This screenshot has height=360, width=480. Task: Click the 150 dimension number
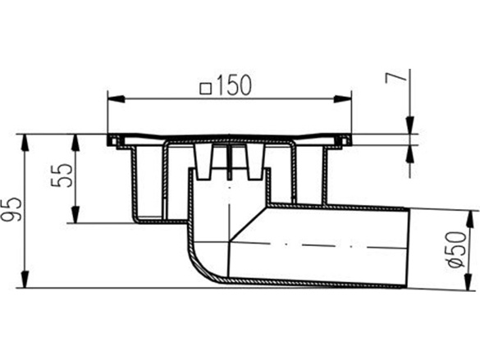point(235,84)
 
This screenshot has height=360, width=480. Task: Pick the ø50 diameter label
point(457,248)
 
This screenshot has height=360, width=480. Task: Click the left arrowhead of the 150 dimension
point(112,99)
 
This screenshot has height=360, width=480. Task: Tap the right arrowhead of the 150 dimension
point(349,99)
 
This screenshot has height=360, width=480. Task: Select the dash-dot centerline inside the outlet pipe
point(328,244)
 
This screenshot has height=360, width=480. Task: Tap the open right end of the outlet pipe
point(409,246)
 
